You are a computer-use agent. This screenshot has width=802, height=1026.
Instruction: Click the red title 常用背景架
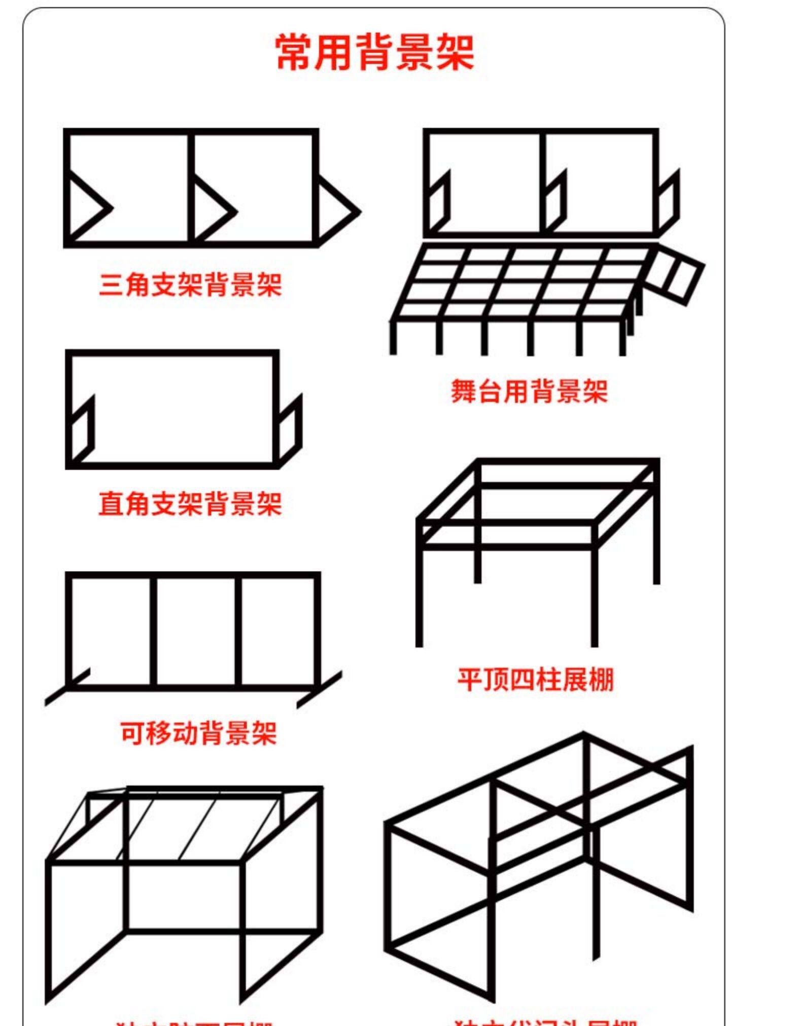[375, 52]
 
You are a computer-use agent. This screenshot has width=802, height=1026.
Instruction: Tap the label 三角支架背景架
[190, 285]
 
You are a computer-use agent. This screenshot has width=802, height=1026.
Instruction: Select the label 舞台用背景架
[529, 392]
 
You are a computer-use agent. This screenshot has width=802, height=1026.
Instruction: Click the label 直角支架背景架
[190, 504]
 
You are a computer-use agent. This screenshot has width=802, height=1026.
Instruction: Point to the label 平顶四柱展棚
[536, 680]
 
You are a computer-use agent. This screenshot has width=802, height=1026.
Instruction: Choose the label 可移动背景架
[198, 733]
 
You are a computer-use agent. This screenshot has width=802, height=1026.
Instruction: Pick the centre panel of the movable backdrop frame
[195, 631]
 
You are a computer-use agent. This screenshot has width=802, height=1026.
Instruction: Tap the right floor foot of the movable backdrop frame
[320, 690]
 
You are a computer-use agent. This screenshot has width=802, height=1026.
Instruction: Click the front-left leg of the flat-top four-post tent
[419, 598]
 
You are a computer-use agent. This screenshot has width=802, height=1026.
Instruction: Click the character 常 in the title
[294, 52]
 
